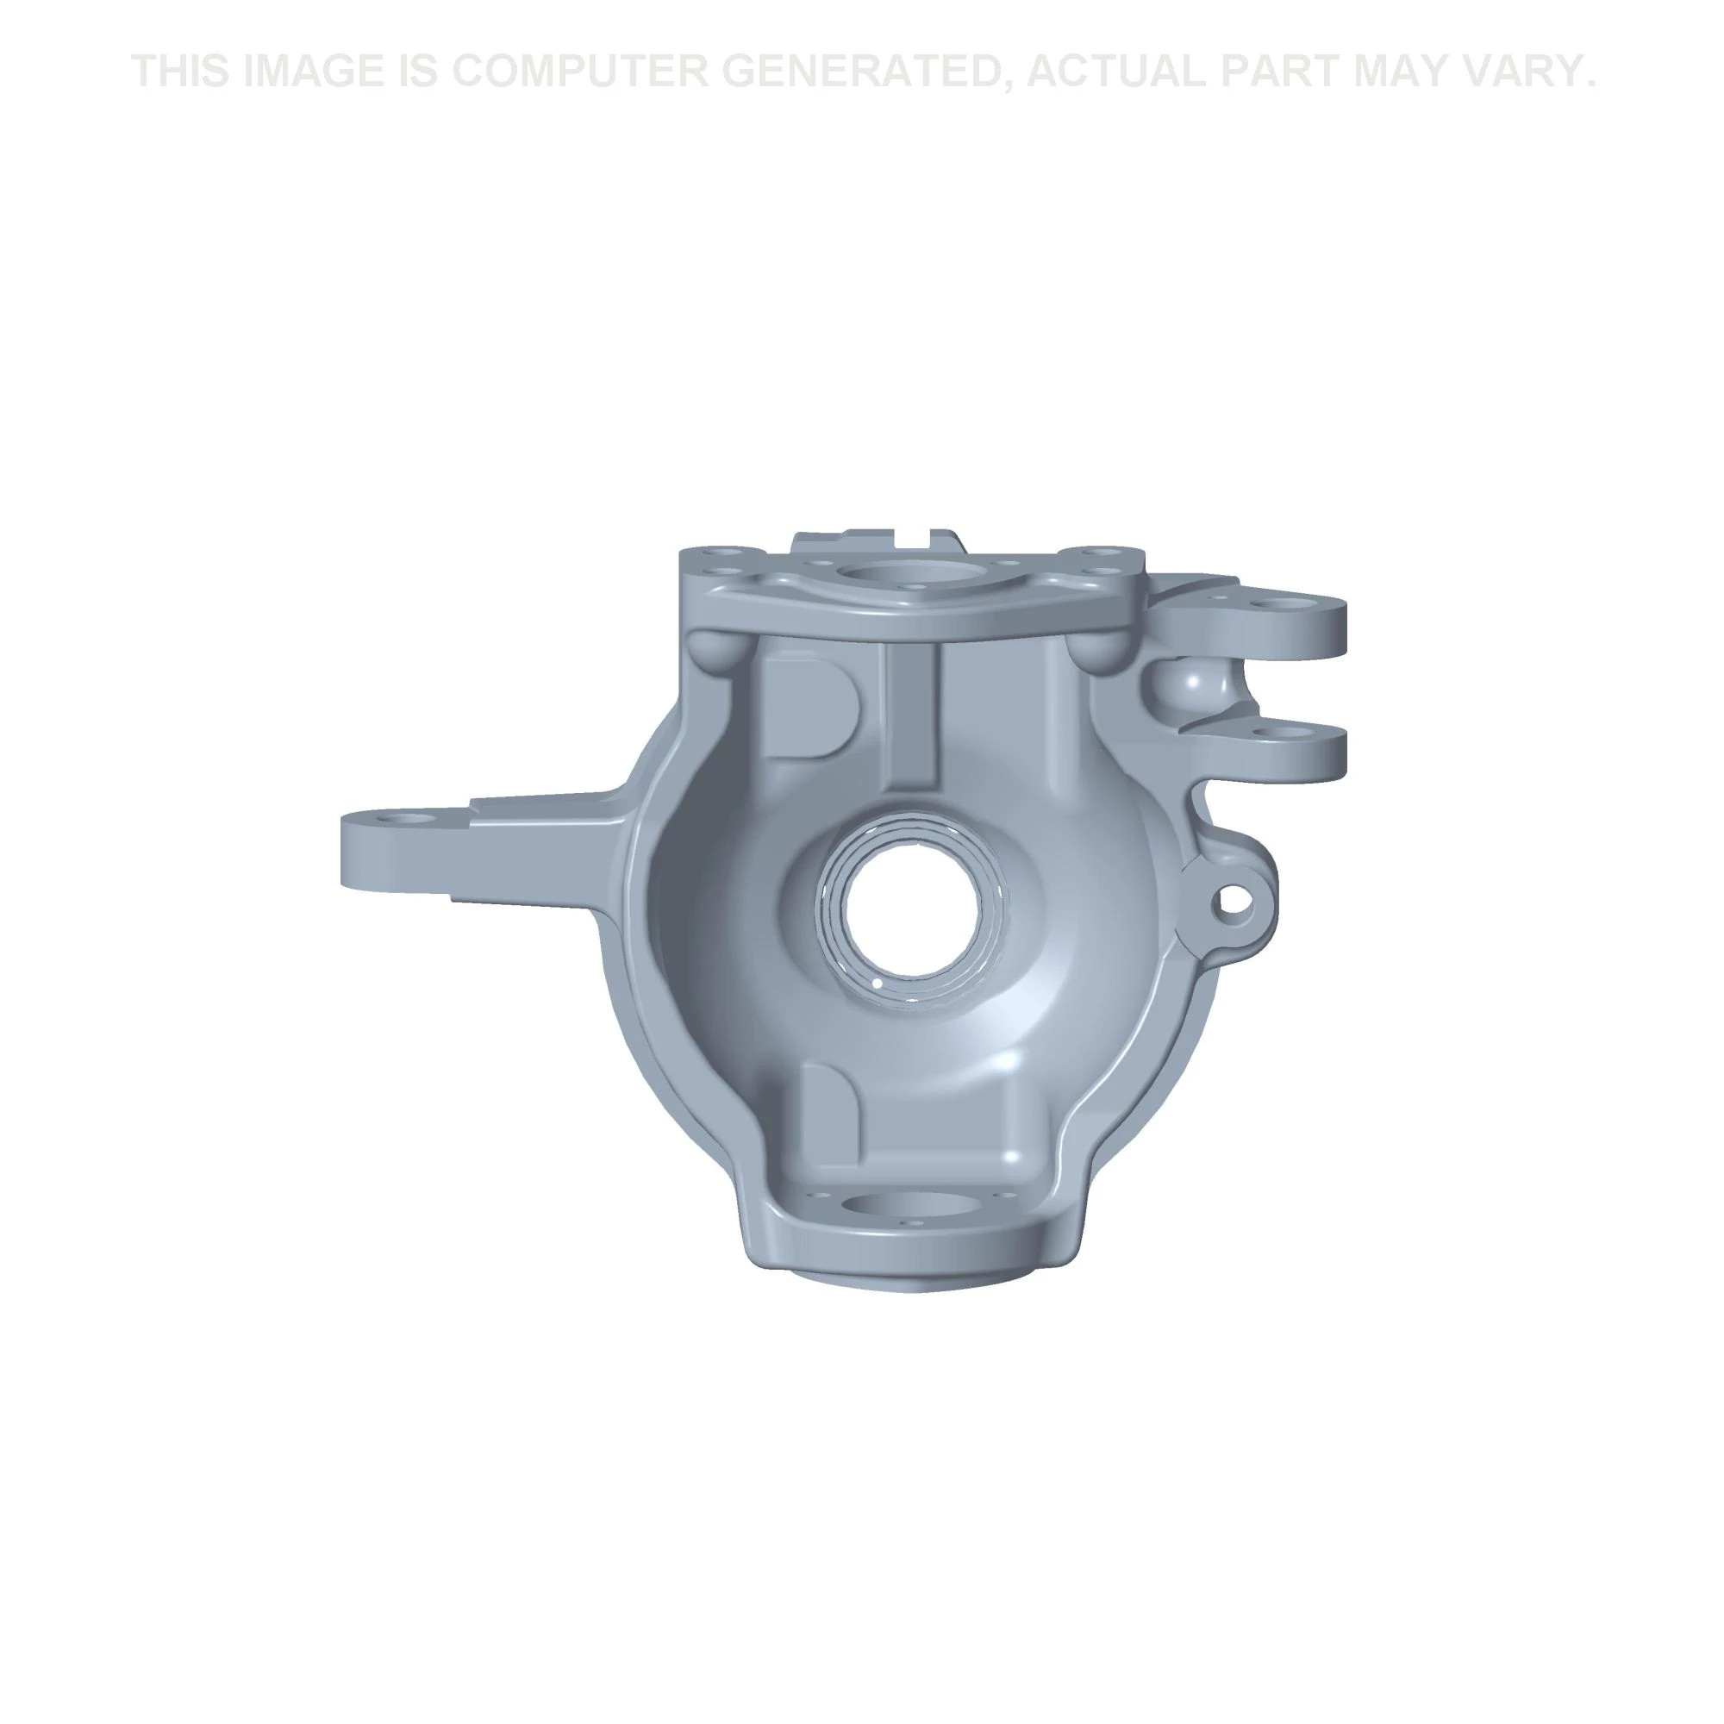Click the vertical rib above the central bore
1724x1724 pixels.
[913, 714]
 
